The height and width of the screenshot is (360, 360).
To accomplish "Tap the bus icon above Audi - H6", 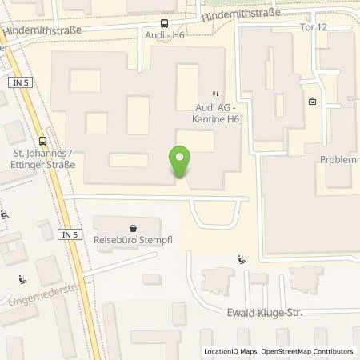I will point(165,24).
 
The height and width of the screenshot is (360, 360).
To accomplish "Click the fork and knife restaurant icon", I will point(214,94).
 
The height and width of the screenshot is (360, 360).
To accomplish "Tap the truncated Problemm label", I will point(339,159).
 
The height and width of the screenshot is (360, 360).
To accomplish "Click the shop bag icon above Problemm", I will point(312,102).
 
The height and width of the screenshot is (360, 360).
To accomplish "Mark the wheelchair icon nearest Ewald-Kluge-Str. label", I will point(242,258).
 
